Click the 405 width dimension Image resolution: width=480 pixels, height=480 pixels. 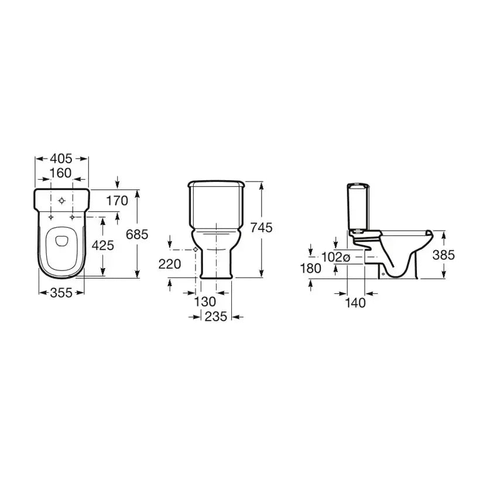pos(61,159)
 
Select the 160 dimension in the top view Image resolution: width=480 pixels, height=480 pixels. pos(61,173)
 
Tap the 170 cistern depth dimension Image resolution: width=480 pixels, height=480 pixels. pos(117,201)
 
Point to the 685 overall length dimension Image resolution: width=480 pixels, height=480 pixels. pos(137,235)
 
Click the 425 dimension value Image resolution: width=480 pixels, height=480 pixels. pos(103,245)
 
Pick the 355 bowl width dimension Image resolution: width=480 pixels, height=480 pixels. pos(61,293)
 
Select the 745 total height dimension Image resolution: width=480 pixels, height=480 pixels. pos(262,228)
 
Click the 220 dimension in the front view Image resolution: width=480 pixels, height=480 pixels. pos(170,264)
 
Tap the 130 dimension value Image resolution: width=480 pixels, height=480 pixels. pos(205,302)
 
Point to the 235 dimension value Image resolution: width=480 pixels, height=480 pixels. pos(216,317)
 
